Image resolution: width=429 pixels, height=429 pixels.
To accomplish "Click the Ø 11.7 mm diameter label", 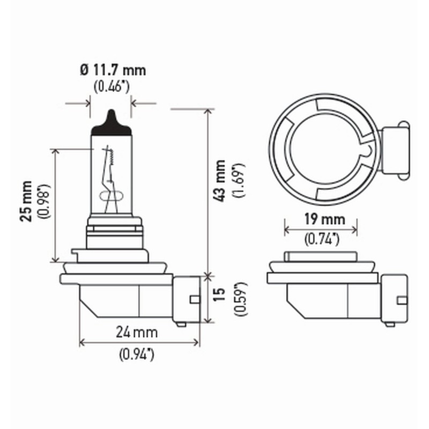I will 113,70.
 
